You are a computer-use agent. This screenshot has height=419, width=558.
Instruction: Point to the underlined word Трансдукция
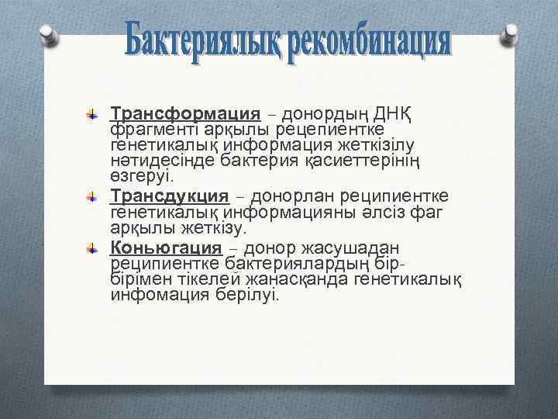tap(170, 195)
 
